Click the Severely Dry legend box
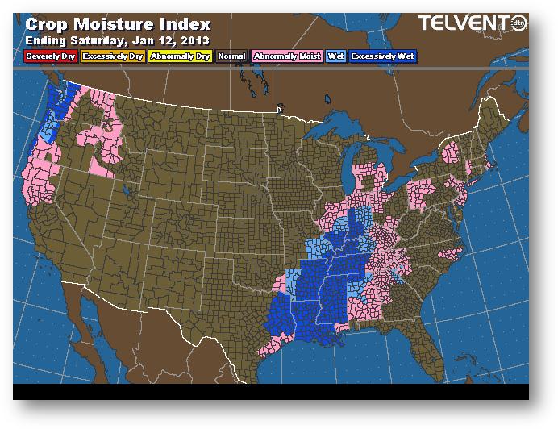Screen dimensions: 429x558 click(x=50, y=56)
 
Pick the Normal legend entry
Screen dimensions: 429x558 click(x=231, y=56)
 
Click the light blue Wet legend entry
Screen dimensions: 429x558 click(x=334, y=56)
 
